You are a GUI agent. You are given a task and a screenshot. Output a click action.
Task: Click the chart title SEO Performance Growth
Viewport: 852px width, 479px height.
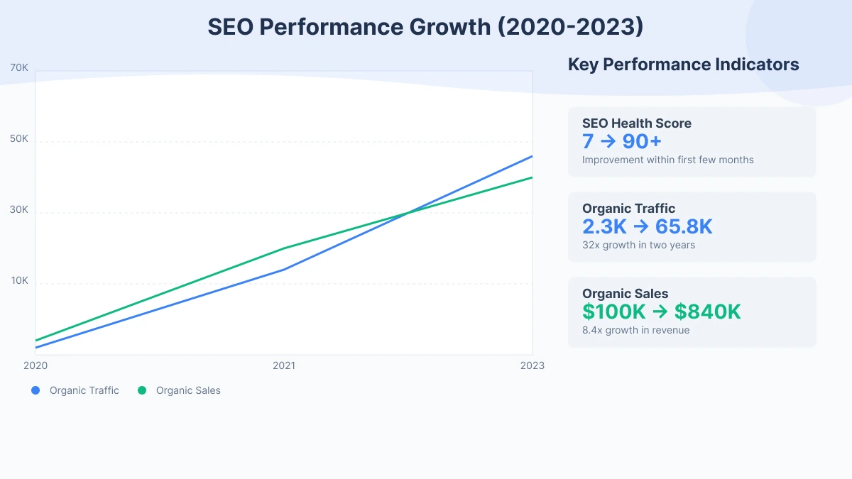coord(425,27)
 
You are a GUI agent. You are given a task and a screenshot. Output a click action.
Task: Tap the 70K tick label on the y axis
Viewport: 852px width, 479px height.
coord(19,68)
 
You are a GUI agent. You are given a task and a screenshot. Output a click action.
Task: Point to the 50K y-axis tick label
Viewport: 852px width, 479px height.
coord(19,139)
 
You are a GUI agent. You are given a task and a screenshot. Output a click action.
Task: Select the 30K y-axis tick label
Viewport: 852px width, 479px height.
coord(19,210)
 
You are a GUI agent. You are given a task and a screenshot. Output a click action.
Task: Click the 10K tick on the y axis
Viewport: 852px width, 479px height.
coord(19,281)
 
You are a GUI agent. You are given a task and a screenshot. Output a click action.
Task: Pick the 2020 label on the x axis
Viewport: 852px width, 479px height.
coord(35,365)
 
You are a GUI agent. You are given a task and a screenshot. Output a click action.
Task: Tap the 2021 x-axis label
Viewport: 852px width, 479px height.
coord(284,365)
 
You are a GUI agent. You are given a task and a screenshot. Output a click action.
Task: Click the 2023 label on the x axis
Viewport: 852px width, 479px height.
coord(532,365)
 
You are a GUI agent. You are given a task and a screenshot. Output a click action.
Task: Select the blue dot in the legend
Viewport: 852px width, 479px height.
coord(35,390)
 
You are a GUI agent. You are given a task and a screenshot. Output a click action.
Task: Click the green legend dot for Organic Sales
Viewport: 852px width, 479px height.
coord(142,390)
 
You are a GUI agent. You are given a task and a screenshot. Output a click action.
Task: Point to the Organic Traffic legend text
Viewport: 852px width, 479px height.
coord(84,390)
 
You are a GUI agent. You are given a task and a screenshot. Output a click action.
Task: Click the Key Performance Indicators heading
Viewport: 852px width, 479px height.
coord(683,65)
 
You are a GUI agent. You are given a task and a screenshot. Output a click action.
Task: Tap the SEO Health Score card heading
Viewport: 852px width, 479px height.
coord(636,123)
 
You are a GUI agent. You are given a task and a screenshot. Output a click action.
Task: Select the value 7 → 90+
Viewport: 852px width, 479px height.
coord(622,141)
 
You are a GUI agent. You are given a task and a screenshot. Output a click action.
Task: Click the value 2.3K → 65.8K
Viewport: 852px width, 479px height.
coord(647,226)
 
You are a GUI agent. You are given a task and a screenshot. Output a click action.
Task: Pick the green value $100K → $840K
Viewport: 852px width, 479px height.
coord(661,312)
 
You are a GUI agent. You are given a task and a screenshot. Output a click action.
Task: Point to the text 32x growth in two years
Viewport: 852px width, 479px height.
coord(638,246)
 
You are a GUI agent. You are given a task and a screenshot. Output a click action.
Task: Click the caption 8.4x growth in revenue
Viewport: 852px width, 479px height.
coord(635,331)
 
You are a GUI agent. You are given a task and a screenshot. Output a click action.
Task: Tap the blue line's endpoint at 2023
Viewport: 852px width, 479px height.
coord(532,156)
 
